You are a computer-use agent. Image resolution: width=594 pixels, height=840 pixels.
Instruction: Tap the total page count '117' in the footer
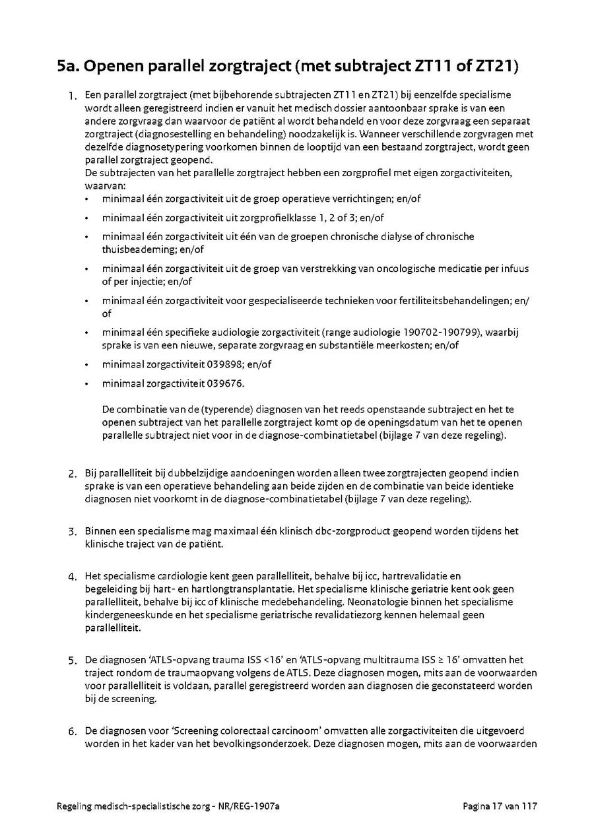tap(531, 806)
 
